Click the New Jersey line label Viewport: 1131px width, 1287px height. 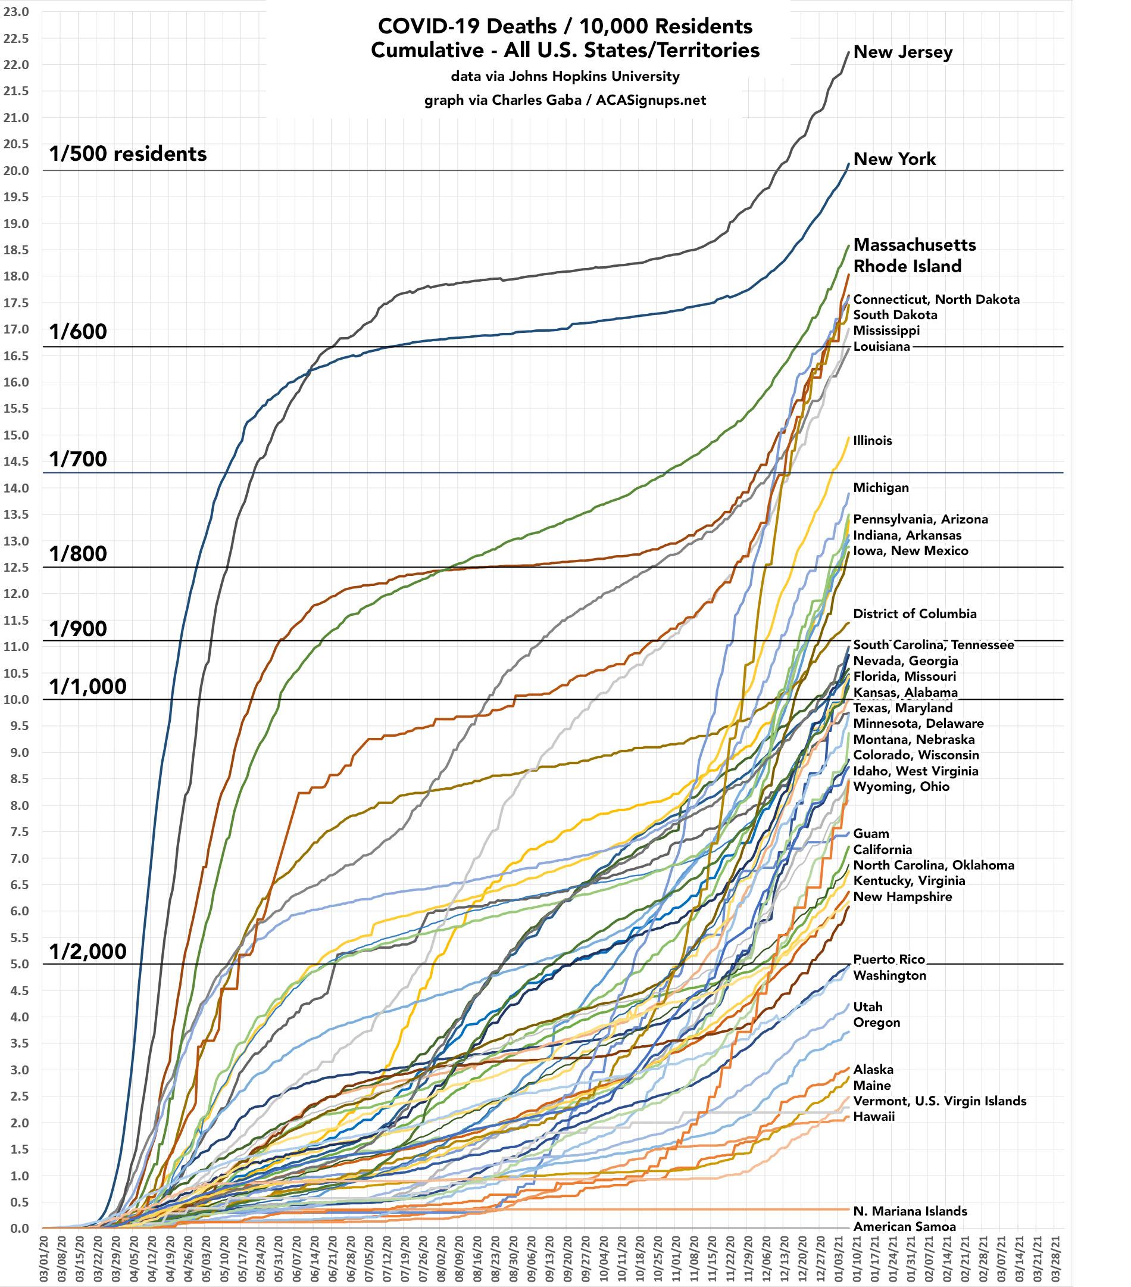pyautogui.click(x=902, y=52)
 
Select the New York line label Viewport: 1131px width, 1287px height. pyautogui.click(x=894, y=159)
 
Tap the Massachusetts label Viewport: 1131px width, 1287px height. pyautogui.click(x=914, y=245)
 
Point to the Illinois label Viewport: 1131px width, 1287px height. pyautogui.click(x=872, y=441)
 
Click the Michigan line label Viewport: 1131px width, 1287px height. pyautogui.click(x=880, y=487)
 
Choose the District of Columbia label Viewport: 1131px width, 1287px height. pyautogui.click(x=914, y=614)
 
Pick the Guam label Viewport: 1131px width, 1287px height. pyautogui.click(x=871, y=834)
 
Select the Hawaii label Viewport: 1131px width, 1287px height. pyautogui.click(x=874, y=1116)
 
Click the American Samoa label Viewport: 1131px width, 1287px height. pyautogui.click(x=904, y=1227)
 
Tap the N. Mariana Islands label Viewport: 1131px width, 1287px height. pyautogui.click(x=910, y=1211)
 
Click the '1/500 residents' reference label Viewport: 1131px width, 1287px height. pyautogui.click(x=128, y=154)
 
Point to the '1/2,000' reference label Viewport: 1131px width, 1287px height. pyautogui.click(x=88, y=951)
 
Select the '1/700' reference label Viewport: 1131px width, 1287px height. pyautogui.click(x=78, y=460)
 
